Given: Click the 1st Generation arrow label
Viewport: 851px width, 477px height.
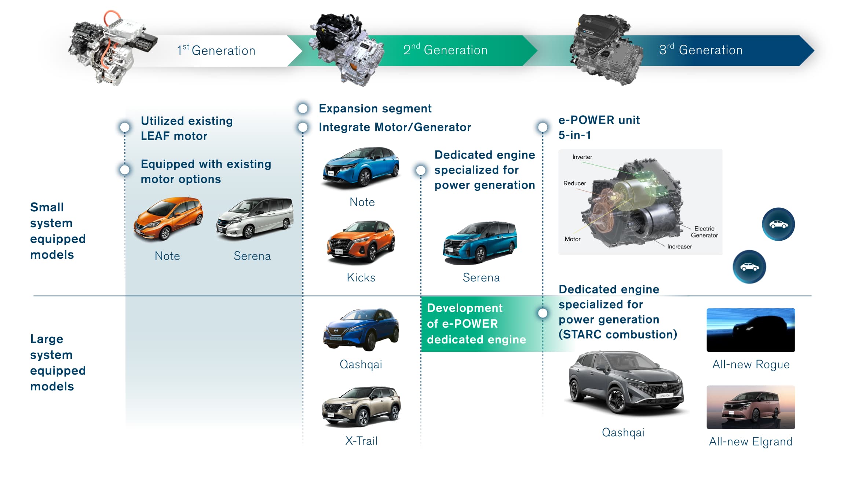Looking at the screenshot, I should tap(216, 50).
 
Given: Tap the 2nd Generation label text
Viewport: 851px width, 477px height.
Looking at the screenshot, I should tap(445, 50).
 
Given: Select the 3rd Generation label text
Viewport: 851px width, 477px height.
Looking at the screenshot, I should tap(701, 50).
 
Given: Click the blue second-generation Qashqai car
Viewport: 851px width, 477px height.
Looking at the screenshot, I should tap(361, 329).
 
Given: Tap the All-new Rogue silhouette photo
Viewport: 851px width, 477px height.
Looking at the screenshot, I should tap(750, 330).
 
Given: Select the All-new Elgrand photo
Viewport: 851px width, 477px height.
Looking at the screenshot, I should tap(750, 407).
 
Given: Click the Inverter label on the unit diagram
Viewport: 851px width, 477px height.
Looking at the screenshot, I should tap(582, 157).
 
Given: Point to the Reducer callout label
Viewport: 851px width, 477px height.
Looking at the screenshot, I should tap(574, 183).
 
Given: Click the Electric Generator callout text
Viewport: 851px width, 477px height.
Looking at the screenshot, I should tap(704, 232).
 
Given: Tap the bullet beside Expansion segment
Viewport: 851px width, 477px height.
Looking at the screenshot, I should tap(303, 109).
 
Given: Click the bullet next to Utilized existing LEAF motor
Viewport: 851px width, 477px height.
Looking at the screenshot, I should tap(125, 127).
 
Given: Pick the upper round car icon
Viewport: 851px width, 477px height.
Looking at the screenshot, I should tap(778, 224).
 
